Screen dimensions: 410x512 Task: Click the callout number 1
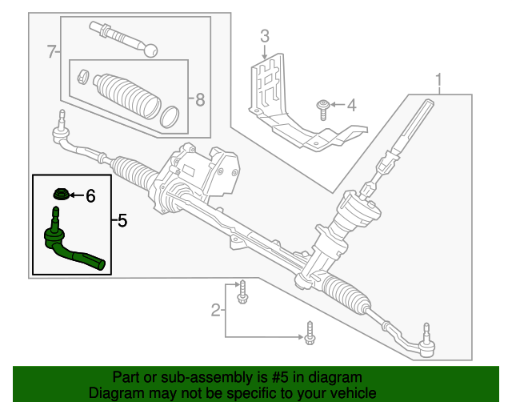(x=438, y=79)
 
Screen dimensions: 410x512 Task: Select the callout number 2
(x=215, y=310)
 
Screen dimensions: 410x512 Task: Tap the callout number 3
(x=265, y=35)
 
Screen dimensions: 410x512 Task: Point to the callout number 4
(x=350, y=105)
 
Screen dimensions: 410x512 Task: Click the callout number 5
(x=121, y=219)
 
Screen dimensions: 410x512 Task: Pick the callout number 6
(x=90, y=195)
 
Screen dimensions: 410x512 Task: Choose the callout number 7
(x=52, y=53)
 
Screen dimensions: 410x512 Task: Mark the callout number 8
(x=199, y=99)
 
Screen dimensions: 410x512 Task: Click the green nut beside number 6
(x=60, y=194)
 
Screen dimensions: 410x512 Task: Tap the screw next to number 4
(x=322, y=107)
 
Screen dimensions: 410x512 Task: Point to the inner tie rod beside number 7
(x=124, y=38)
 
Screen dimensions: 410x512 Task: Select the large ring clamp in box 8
(x=170, y=115)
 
